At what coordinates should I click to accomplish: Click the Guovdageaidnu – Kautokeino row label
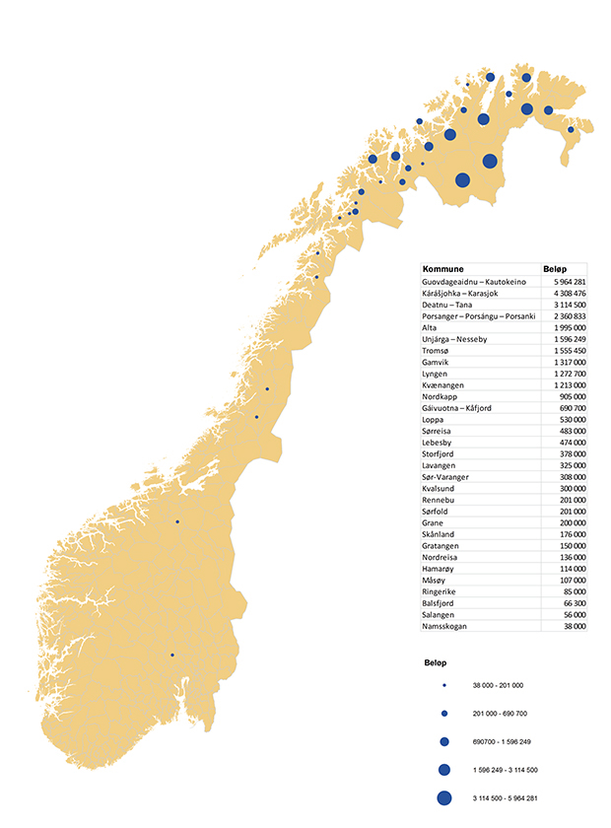pos(474,282)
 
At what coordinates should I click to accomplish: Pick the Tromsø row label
pos(436,351)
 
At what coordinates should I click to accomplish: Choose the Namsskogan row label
pos(444,626)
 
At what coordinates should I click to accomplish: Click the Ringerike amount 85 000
pos(572,591)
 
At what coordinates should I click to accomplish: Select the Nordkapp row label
pos(440,396)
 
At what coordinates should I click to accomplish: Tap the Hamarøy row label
pos(439,569)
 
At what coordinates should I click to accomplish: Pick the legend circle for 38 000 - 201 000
pos(444,685)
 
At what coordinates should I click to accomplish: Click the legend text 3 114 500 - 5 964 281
pos(505,797)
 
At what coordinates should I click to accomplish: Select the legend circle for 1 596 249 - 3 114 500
pos(444,769)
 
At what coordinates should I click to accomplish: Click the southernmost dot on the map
pos(171,655)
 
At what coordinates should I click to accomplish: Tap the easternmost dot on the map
pos(571,129)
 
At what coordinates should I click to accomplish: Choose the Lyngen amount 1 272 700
pos(566,374)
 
